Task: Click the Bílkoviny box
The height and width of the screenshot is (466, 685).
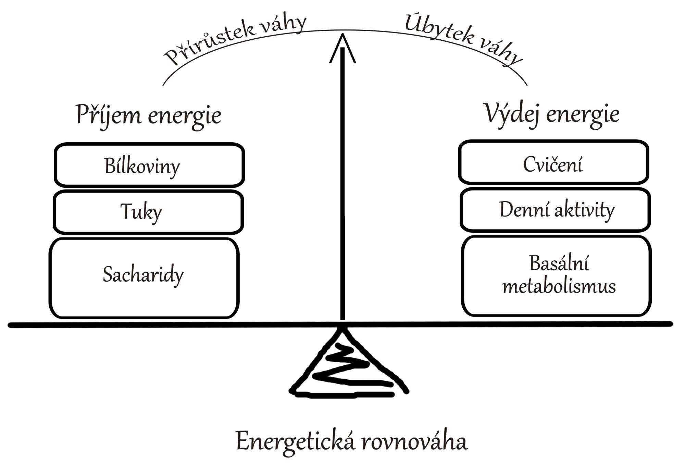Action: tap(149, 165)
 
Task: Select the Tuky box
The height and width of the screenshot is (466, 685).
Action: tap(148, 212)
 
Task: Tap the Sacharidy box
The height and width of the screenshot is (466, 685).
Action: tap(144, 278)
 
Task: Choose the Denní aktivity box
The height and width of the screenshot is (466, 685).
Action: tap(555, 210)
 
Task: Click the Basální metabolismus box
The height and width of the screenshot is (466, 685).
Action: tap(556, 275)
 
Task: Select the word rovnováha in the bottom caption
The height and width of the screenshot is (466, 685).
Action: tap(414, 441)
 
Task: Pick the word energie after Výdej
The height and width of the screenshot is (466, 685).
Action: tap(583, 115)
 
